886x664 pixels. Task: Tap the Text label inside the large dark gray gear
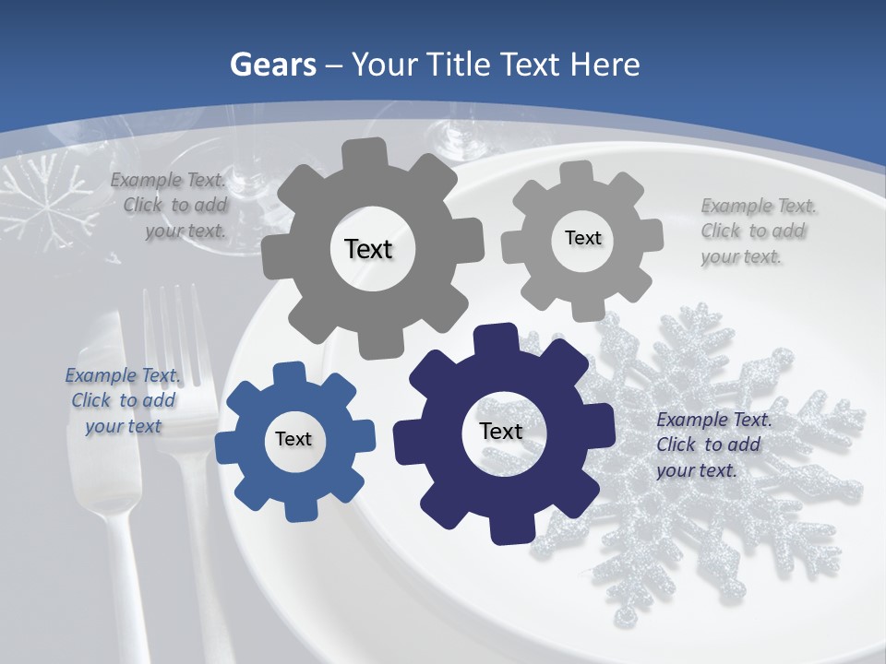point(368,249)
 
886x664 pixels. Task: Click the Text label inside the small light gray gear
point(582,238)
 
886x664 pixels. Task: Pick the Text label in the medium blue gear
point(293,440)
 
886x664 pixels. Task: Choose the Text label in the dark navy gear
point(501,431)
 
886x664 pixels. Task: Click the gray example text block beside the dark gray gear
point(172,206)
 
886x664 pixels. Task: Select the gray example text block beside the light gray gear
point(757,231)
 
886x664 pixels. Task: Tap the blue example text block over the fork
point(123,400)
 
